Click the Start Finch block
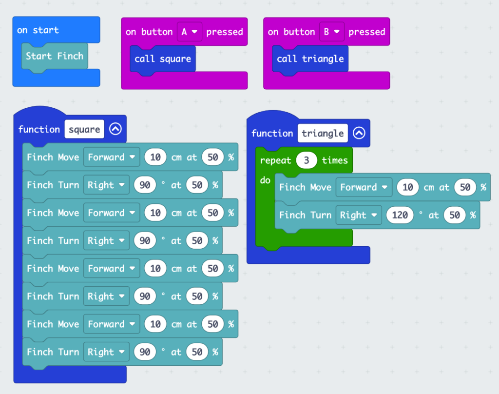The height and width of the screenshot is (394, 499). coord(55,56)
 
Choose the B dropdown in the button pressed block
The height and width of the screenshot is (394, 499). coord(331,32)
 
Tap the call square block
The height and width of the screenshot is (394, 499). coord(163,59)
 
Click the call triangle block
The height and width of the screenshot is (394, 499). coord(310,59)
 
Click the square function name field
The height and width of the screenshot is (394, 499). coord(84,129)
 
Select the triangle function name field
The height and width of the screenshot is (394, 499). coord(323,133)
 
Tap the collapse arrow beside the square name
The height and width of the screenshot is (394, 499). coord(115,129)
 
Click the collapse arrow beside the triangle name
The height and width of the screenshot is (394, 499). coord(359,133)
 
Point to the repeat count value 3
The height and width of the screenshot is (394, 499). coord(306,160)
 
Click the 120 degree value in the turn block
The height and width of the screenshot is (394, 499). coord(400,215)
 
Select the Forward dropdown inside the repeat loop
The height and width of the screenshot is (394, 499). coord(364,187)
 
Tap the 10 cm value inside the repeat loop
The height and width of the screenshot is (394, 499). coord(408,187)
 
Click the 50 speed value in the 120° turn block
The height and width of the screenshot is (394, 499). coord(455,215)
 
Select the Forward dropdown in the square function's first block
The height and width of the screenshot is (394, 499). coord(111,157)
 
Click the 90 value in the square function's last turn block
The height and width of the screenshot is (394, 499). coord(145,352)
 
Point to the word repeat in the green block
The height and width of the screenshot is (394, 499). coord(275,160)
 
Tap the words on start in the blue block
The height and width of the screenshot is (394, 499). coord(38,30)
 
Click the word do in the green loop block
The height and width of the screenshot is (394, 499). coord(265,180)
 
